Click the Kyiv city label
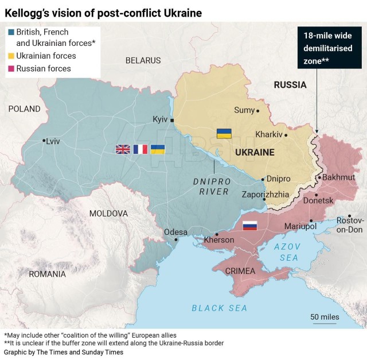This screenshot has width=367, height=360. click(x=159, y=119)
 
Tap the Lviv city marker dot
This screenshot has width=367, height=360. click(x=44, y=140)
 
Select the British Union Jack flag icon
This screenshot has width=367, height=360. click(x=123, y=149)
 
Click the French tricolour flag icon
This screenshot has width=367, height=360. click(x=140, y=149)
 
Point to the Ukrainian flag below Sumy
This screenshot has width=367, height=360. click(x=224, y=133)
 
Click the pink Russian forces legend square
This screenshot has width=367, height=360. click(x=10, y=69)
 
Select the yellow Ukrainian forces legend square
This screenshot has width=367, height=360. click(x=10, y=56)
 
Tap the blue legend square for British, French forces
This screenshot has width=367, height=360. click(x=10, y=33)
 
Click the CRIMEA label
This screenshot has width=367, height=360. click(x=240, y=270)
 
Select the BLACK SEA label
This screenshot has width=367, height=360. click(x=219, y=308)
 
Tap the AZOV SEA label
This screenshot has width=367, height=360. click(x=287, y=252)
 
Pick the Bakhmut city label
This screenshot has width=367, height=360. click(x=339, y=177)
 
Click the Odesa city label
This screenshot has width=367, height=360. click(x=175, y=231)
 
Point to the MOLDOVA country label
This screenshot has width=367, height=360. click(x=108, y=213)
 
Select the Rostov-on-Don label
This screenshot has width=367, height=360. click(x=350, y=225)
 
